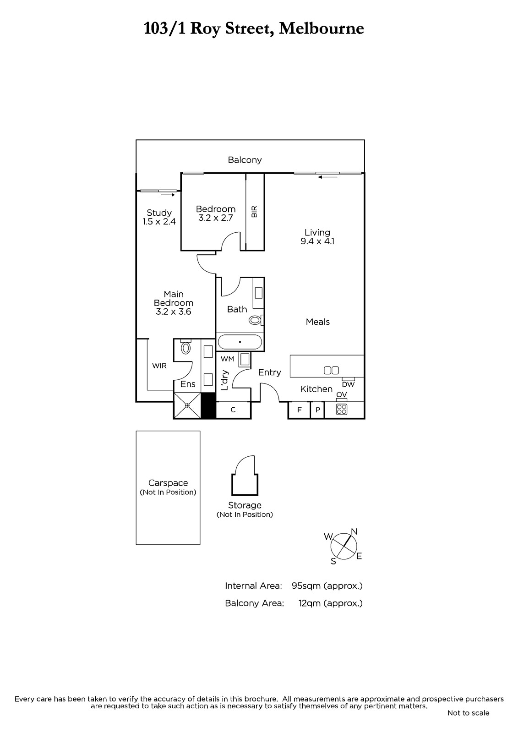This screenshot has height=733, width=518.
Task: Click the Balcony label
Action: point(245,160)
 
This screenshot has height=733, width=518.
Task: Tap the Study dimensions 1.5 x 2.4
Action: point(159,222)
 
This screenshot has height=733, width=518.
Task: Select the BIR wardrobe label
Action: point(255,211)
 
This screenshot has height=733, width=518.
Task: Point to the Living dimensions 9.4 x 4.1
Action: point(317,241)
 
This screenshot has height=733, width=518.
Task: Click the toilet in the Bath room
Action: point(256,320)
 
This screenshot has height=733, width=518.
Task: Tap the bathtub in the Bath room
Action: point(240,342)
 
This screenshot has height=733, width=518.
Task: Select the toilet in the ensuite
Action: point(186,347)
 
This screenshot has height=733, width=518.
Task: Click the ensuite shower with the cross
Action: point(187,405)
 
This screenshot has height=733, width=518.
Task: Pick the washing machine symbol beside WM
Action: point(244,359)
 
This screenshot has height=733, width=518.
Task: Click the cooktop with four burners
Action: point(342,410)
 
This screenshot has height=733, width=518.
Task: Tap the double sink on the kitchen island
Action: point(331,370)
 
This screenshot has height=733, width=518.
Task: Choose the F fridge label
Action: point(299,410)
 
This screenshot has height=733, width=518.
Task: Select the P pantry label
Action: point(317,410)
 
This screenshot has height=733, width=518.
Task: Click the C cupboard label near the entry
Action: point(233,410)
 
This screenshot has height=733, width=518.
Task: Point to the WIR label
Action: point(159,366)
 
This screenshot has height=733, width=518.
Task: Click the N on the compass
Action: point(354,531)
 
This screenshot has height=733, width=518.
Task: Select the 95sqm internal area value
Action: point(306,586)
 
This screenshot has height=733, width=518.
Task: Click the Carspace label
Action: point(168,483)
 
